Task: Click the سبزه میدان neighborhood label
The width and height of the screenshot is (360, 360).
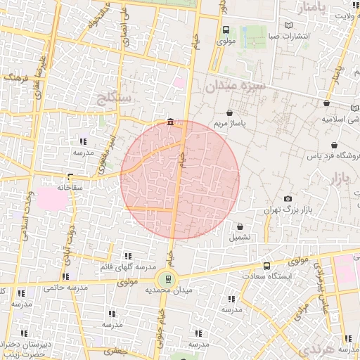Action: (236, 87)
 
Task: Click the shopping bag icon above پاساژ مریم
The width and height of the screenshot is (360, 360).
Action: (229, 112)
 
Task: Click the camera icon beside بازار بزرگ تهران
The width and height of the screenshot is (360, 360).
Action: (287, 199)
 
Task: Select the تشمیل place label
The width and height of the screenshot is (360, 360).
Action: (242, 238)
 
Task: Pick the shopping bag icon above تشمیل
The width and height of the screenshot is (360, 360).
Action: (241, 226)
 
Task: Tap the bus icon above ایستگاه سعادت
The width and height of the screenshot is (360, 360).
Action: (266, 266)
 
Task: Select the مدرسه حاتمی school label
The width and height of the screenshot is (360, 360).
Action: (65, 287)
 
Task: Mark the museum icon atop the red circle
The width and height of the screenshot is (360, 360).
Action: (171, 124)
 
